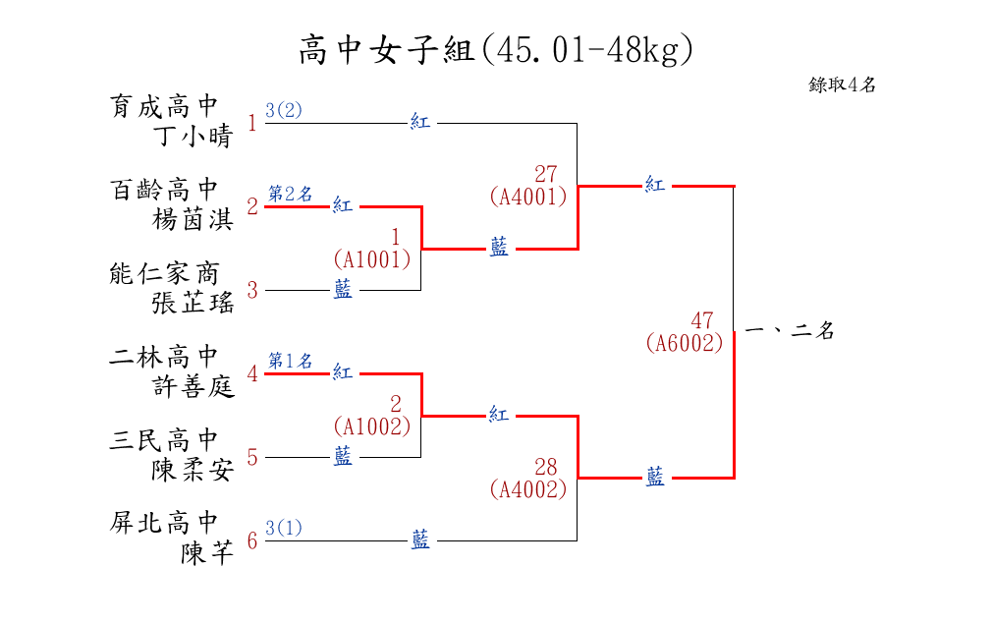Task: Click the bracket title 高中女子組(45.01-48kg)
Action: coord(496,50)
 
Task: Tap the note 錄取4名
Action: coord(842,85)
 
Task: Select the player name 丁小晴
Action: coord(193,136)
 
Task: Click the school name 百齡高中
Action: coord(164,190)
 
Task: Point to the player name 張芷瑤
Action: coord(193,303)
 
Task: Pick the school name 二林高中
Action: coord(164,357)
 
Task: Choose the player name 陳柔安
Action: coord(193,471)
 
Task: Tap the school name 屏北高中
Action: coord(164,523)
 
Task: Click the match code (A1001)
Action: coord(372,259)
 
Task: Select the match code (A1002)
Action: coord(372,426)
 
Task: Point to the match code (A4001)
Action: coord(528,197)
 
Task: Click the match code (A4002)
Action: coord(528,489)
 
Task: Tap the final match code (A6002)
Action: coord(685,343)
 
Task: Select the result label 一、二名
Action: coord(791,330)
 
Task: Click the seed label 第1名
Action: coord(291,361)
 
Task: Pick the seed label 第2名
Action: coord(291,194)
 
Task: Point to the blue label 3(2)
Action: coord(284,110)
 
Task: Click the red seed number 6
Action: coord(252,541)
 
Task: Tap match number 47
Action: coord(702,321)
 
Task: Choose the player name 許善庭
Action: coord(193,386)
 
